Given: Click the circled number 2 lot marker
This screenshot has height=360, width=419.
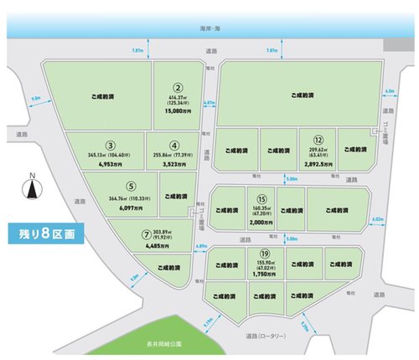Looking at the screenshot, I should coord(178,85).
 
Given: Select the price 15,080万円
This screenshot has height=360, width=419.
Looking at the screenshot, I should coord(178,108).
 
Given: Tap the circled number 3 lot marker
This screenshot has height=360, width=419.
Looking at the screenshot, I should coord(110,146).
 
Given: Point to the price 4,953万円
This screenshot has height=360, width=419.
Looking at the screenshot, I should coord(110,165).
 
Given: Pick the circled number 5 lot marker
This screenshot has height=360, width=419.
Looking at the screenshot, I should coord(129,187).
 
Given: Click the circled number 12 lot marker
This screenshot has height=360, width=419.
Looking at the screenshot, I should coord(318,139).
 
